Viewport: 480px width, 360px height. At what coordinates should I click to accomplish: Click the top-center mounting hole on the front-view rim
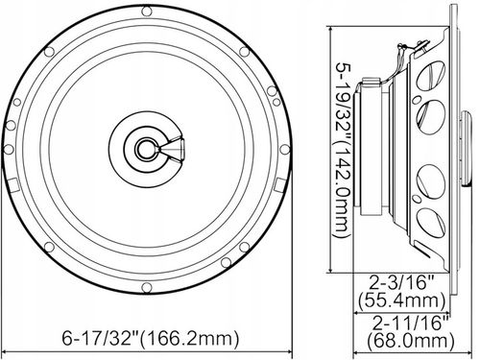146,12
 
